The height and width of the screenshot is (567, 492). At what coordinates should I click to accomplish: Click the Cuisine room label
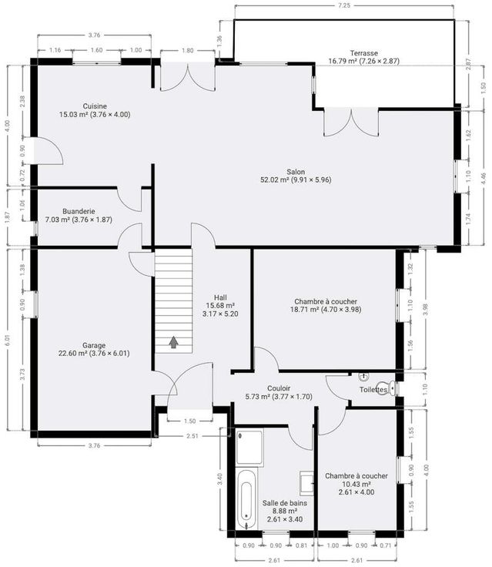(95, 106)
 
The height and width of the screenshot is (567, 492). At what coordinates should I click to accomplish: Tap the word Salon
(296, 172)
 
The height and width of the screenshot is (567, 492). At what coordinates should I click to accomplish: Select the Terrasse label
(363, 53)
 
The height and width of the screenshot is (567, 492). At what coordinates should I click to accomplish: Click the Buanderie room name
(79, 211)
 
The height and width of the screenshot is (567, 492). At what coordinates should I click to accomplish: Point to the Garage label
(94, 345)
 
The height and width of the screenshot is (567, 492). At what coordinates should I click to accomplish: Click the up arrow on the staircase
(174, 342)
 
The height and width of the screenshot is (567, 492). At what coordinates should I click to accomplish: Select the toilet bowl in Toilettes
(386, 388)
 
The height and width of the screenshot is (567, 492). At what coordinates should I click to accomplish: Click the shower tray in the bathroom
(249, 447)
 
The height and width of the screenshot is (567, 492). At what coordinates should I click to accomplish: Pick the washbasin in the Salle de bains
(307, 483)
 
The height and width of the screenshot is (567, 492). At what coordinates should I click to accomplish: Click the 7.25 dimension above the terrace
(344, 5)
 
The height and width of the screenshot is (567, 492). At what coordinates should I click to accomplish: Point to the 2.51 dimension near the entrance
(192, 436)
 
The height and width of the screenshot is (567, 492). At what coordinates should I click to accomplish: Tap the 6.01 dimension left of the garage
(8, 341)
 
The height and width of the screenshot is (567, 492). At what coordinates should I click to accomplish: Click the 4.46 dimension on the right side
(484, 179)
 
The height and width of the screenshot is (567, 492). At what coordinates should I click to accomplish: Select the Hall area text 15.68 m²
(220, 306)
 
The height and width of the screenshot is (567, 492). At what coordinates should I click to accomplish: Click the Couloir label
(279, 389)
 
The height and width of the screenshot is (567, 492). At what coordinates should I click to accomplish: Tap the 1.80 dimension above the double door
(188, 51)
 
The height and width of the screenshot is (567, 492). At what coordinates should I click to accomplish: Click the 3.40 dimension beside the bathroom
(219, 479)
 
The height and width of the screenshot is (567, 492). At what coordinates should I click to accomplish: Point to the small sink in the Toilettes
(363, 377)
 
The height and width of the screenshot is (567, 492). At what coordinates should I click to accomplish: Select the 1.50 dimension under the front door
(189, 421)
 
